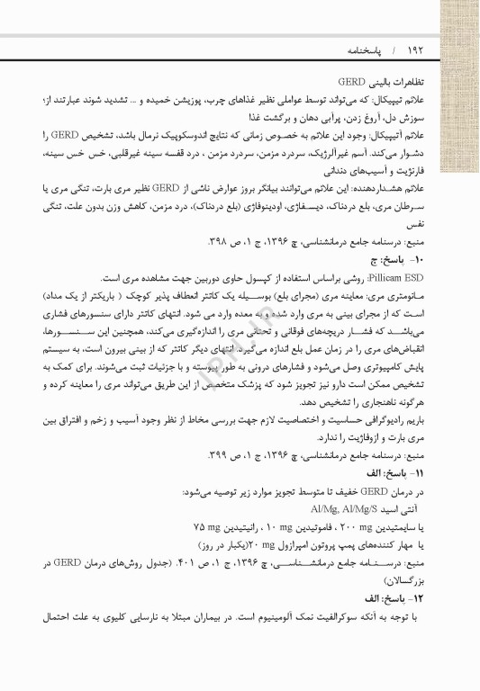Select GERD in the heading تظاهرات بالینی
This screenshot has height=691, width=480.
point(340,80)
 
